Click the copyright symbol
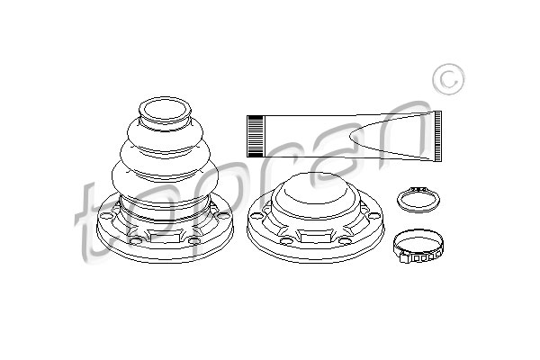pos(448,79)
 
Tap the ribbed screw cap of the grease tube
pos(256,137)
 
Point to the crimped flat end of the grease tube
pos(437,136)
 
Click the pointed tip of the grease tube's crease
pos(349,139)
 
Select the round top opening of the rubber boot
pos(165,110)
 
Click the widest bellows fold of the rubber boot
pos(165,176)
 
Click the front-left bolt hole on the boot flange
pos(135,240)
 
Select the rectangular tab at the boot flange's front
pos(165,238)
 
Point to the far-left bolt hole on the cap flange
pos(256,216)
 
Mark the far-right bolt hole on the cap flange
pos(373,216)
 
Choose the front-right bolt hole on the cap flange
pos(345,241)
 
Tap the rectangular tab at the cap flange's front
pos(315,238)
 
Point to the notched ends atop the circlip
pos(418,189)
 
